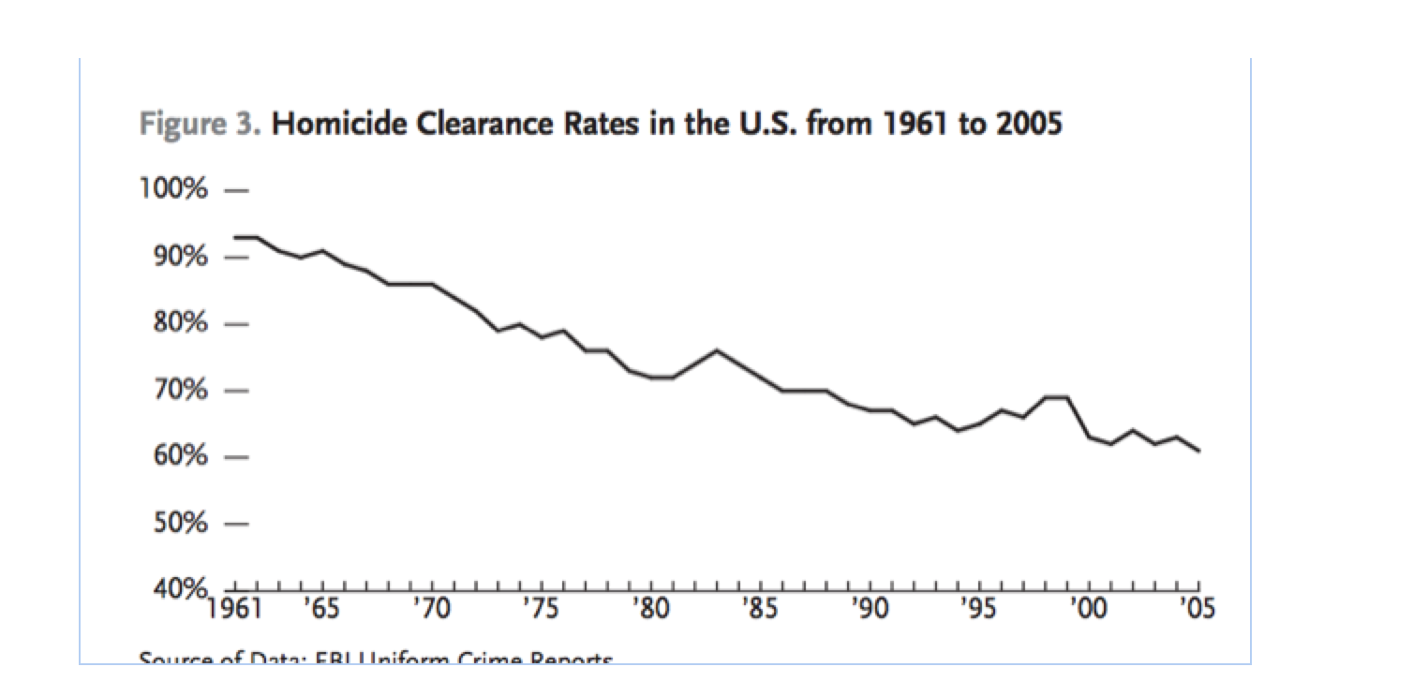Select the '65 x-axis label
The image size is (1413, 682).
pos(321,610)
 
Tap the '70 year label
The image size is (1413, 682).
pos(431,610)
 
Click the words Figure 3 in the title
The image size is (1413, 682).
pos(200,126)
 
